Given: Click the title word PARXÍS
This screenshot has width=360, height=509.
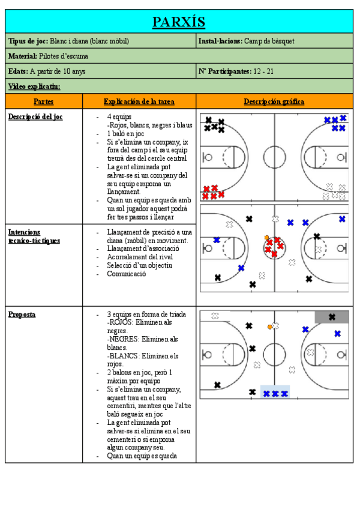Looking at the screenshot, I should pos(179,22).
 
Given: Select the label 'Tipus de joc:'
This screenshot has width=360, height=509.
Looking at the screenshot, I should pos(28,41).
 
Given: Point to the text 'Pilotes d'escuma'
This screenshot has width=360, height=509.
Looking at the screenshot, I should pos(64,56).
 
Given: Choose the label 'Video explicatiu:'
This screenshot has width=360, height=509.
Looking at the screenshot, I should pos(34,86).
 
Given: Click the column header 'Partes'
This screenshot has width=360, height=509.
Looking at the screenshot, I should pos(43,101).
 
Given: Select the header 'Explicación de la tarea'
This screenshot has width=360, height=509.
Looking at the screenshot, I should pos(139,101).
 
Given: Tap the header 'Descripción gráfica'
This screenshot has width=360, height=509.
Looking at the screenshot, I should pos(274,101).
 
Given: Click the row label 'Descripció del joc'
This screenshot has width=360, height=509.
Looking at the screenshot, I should pos(35,116).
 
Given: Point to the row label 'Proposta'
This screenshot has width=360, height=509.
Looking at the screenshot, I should pos(22,314).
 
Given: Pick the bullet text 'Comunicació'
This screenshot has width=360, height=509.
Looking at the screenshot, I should pos(126,274).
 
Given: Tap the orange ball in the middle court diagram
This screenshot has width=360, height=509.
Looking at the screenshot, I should pos(266,237).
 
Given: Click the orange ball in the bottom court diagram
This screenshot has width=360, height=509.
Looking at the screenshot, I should pos(270,327).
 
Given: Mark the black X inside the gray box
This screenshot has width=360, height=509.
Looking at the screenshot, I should pos(332,317).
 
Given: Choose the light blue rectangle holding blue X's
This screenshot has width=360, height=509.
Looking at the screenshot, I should pos(275,391).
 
